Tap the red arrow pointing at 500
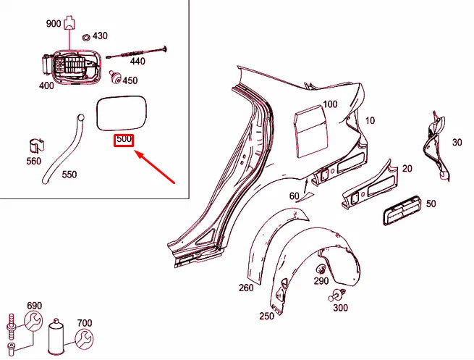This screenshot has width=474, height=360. (x=156, y=167)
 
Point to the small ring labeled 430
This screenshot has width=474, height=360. (x=86, y=37)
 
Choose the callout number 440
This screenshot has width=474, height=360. (x=137, y=62)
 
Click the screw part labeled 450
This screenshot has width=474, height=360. (x=114, y=75)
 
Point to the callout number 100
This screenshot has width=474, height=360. (x=330, y=104)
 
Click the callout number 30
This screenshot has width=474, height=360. (x=457, y=142)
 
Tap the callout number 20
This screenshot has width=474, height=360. (x=407, y=169)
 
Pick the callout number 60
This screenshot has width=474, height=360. (x=294, y=196)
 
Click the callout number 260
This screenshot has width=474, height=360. (x=247, y=288)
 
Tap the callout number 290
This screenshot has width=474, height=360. (x=321, y=280)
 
